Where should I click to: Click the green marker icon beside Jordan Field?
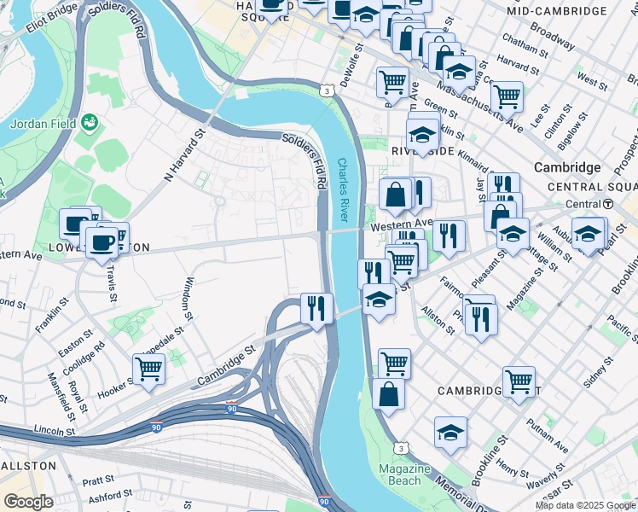[x=89, y=124]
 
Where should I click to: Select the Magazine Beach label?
[x=404, y=476]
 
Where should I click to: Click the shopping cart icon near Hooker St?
[x=148, y=369]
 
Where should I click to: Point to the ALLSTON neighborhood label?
[x=28, y=466]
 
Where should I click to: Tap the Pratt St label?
[x=99, y=481]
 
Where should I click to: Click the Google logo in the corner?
[x=28, y=501]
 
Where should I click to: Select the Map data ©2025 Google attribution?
[x=585, y=505]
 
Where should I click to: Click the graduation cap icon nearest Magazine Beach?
[x=450, y=433]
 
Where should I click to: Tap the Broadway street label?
[x=552, y=35]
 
